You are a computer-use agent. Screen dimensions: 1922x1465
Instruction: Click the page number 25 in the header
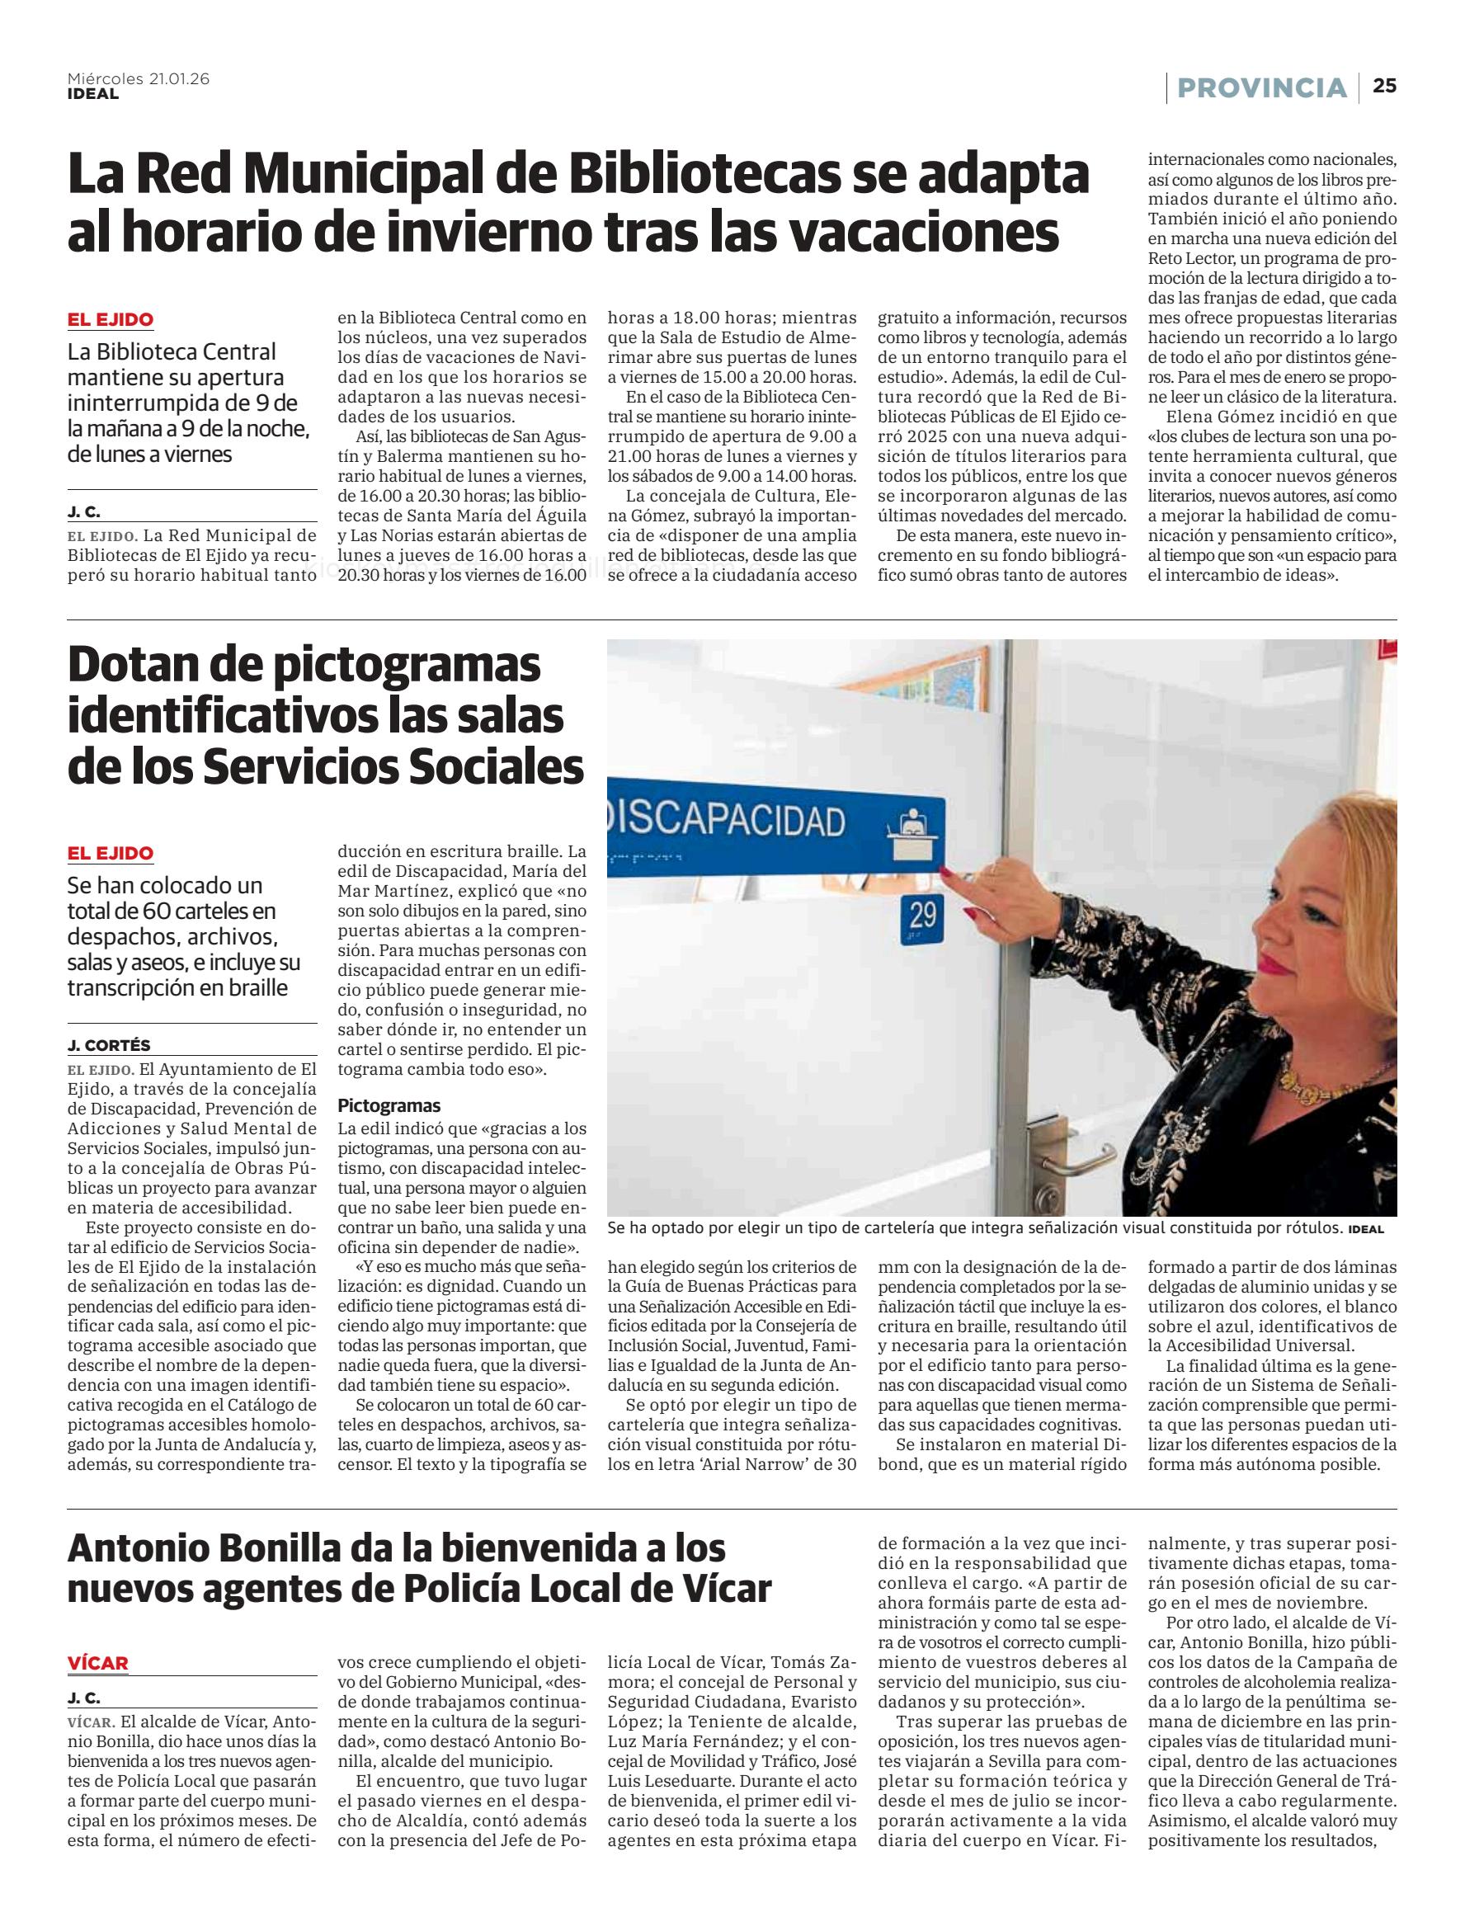[x=1385, y=86]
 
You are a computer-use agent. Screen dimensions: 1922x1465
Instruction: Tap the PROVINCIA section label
[x=1262, y=87]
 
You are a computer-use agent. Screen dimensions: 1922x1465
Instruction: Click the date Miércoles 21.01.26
[x=139, y=78]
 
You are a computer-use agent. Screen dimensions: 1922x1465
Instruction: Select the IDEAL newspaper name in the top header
[x=92, y=93]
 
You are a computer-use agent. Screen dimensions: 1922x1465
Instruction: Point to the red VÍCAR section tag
[x=97, y=1663]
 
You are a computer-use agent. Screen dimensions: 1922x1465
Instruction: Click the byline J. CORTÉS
[x=109, y=1044]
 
